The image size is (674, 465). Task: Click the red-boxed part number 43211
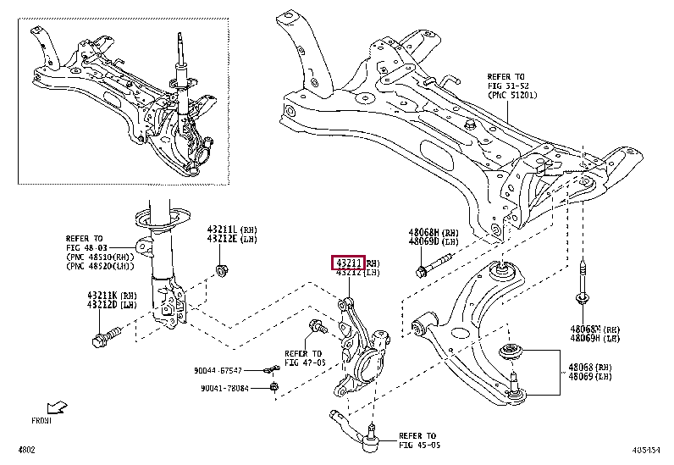click(x=349, y=263)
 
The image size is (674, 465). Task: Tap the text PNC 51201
click(x=512, y=96)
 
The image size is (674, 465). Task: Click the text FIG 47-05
click(x=303, y=362)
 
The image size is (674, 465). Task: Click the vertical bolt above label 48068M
click(x=583, y=284)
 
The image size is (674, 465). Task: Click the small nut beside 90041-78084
click(x=274, y=388)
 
